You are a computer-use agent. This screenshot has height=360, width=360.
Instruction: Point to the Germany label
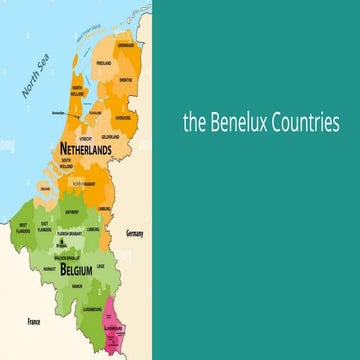(x=135, y=233)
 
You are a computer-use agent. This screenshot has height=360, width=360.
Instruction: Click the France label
(x=33, y=322)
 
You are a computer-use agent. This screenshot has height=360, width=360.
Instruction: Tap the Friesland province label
(x=103, y=63)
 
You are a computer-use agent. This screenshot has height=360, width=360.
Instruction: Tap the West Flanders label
(x=22, y=227)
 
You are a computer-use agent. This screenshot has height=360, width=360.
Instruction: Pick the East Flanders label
(x=45, y=227)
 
